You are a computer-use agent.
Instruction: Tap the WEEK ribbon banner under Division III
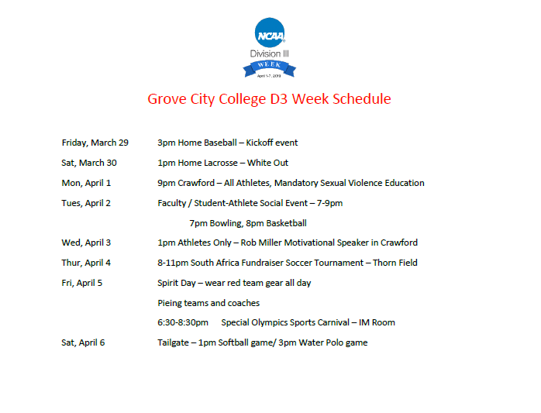270,68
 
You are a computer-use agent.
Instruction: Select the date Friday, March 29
95,143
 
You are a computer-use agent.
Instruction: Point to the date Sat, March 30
89,163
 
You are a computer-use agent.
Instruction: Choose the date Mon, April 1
86,183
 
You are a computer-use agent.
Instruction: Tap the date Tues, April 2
86,203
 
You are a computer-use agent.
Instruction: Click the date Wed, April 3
86,243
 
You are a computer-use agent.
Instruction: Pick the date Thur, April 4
86,263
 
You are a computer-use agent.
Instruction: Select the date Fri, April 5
82,283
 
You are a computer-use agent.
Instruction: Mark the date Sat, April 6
83,342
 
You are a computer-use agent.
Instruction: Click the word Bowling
226,223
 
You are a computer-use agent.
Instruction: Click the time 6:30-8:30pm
183,322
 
